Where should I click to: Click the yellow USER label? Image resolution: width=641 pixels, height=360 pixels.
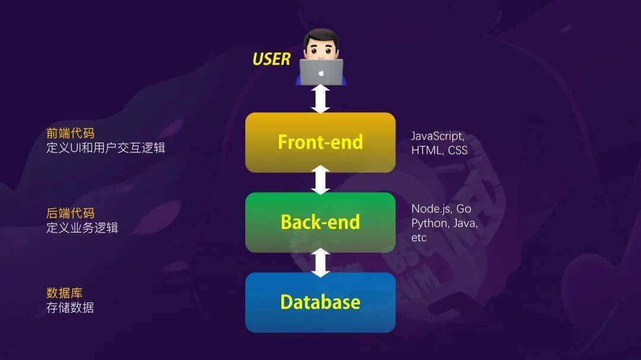tap(271, 59)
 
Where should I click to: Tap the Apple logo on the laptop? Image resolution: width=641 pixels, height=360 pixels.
tap(321, 73)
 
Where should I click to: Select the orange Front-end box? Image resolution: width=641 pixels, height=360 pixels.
tap(320, 142)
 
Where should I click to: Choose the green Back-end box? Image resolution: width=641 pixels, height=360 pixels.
tap(320, 222)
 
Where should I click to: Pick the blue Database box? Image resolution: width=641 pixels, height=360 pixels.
tap(320, 302)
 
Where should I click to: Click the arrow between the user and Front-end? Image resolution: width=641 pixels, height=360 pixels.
tap(320, 99)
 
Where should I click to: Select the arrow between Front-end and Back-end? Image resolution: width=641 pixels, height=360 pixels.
tap(320, 180)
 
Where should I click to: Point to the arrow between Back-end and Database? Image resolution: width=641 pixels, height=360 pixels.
tap(320, 262)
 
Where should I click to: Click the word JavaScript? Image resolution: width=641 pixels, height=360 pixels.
tap(437, 136)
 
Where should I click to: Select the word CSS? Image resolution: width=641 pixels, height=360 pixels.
tap(458, 151)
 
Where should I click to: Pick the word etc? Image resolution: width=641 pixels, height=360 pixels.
tap(419, 238)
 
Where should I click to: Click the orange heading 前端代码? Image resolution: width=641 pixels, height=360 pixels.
tap(70, 133)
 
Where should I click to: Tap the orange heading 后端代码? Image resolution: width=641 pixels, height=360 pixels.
tap(70, 213)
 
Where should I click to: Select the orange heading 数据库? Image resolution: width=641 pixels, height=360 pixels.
tap(64, 293)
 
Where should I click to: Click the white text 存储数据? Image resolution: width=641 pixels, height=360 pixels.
tap(70, 307)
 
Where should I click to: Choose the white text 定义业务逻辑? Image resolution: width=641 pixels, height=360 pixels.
tap(82, 228)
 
